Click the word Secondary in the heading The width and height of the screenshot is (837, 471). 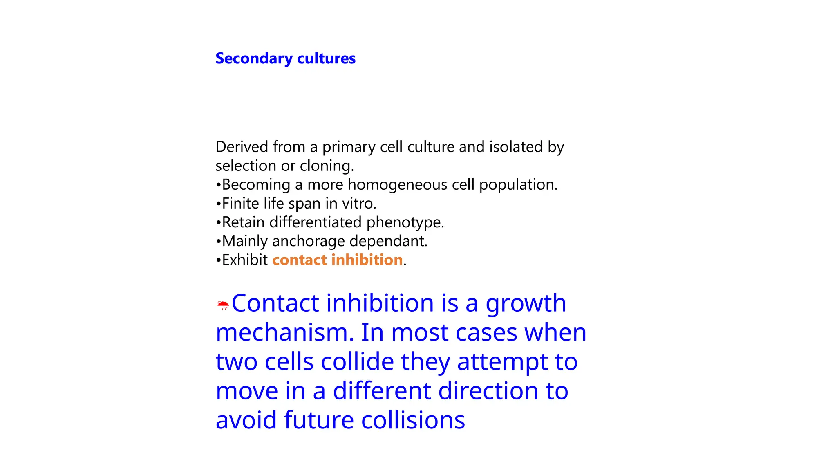(254, 58)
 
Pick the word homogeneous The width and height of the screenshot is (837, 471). (397, 185)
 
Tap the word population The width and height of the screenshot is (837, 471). (518, 185)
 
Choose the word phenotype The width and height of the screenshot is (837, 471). (405, 222)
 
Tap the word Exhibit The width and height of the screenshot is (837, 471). (244, 260)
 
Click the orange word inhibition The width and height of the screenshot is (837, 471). (367, 260)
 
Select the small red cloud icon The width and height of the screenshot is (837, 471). (223, 305)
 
